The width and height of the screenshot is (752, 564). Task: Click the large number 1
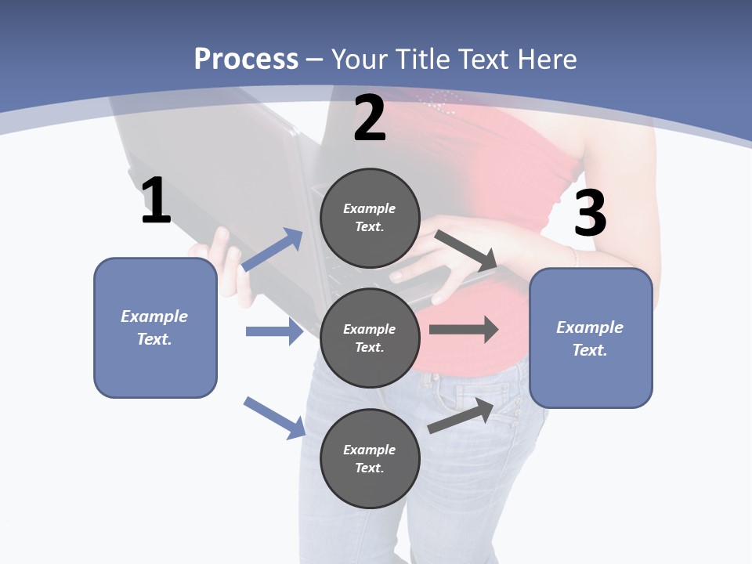[156, 201]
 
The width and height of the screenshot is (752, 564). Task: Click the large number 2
[370, 118]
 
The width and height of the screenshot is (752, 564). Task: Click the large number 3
[591, 213]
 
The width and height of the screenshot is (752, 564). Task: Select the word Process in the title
[246, 59]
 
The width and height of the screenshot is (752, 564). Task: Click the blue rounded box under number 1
[155, 327]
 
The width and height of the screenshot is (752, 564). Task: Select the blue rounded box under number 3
[591, 338]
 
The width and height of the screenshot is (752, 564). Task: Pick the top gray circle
[370, 218]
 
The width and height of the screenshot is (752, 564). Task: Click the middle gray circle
[370, 338]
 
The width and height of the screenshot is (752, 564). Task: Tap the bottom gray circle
[370, 458]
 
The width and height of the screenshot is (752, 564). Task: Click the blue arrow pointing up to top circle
[273, 250]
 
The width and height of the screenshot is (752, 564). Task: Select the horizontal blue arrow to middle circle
[274, 331]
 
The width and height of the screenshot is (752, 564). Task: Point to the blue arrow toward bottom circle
[274, 418]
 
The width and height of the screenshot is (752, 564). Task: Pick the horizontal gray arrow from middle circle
[464, 329]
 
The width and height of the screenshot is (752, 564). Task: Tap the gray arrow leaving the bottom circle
[461, 416]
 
